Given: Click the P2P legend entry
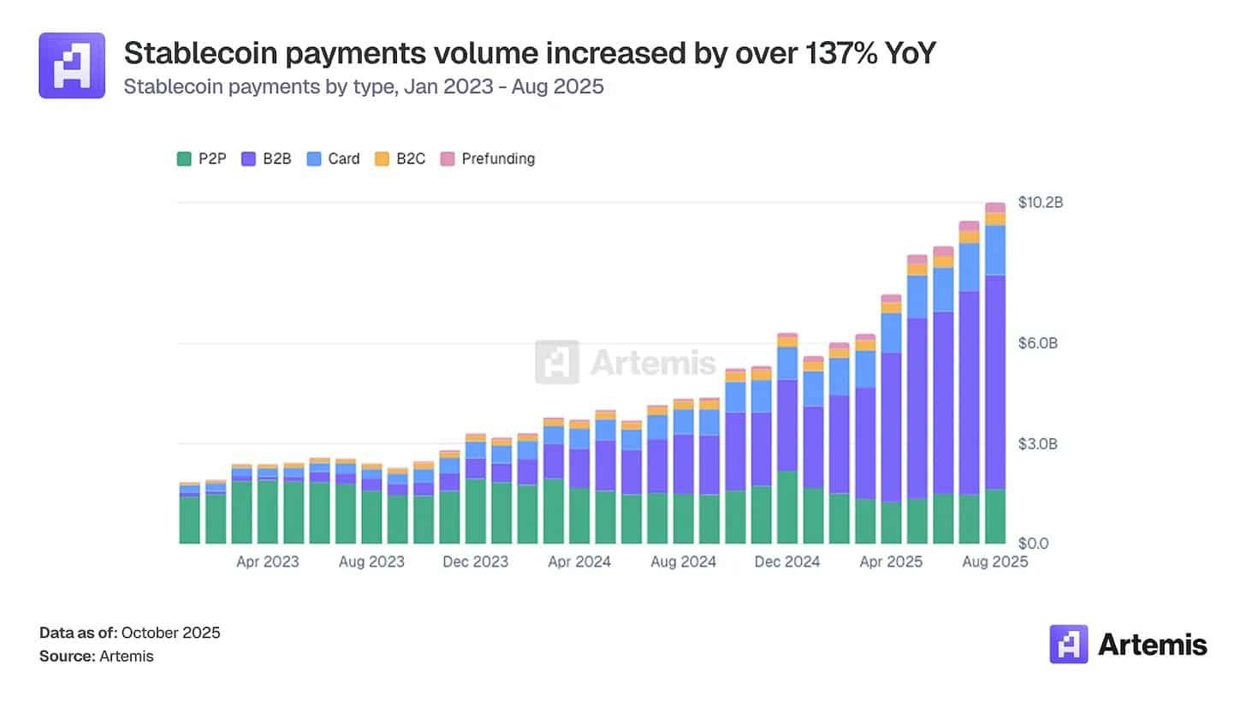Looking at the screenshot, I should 202,158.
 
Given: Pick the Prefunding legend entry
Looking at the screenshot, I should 487,158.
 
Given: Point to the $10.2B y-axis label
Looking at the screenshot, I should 1040,203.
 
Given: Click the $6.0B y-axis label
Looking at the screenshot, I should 1038,343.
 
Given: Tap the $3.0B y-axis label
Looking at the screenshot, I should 1038,444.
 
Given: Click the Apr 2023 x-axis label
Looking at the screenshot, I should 268,562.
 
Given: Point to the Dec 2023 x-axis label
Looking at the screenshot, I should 475,562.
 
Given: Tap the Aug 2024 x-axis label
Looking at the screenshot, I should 683,562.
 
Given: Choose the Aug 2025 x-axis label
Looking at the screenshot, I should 994,562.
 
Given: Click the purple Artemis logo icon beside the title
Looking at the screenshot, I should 72,65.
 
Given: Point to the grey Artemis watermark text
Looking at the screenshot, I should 652,362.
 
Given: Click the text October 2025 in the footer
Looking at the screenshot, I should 171,633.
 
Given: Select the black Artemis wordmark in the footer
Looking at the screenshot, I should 1152,644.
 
